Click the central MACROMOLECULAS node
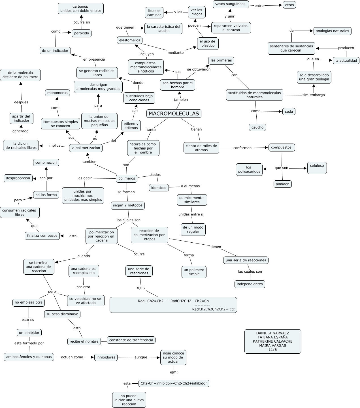click(174, 114)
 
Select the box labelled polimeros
click(127, 178)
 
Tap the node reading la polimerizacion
click(86, 148)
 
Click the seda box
click(289, 112)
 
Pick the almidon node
click(283, 184)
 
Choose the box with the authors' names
click(273, 341)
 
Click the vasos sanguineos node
click(231, 4)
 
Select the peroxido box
click(82, 33)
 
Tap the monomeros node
click(57, 93)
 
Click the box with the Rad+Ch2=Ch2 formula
click(173, 305)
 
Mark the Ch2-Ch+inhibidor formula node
click(174, 383)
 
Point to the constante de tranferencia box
click(131, 340)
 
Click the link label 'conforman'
click(242, 148)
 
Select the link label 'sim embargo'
click(314, 95)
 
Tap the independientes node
click(250, 284)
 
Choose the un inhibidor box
click(29, 333)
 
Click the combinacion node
click(46, 163)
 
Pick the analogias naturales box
click(332, 31)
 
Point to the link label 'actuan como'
click(72, 357)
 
